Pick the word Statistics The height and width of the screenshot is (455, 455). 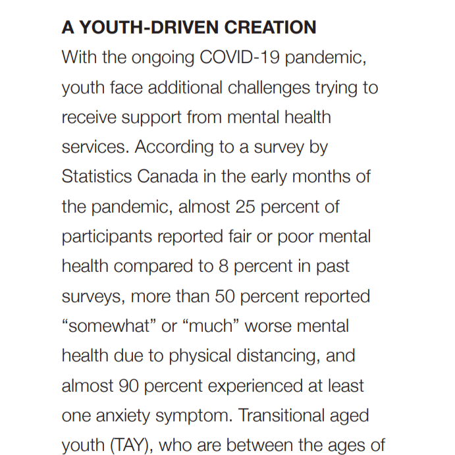tap(96, 176)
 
